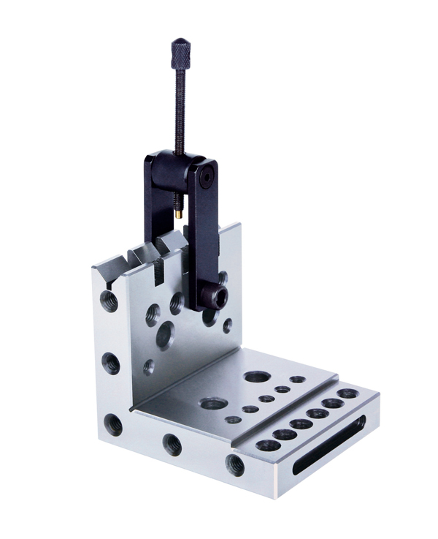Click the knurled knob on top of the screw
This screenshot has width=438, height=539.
click(x=180, y=52)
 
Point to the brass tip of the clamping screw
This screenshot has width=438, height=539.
click(x=178, y=215)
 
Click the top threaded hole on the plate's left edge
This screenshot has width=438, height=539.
click(x=109, y=300)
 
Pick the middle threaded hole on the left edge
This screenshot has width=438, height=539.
click(x=110, y=361)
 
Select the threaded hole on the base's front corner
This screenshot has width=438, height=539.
click(x=234, y=464)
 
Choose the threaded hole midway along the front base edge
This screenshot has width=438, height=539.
click(x=172, y=443)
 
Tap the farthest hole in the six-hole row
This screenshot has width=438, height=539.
click(x=347, y=393)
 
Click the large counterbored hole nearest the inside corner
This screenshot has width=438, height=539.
click(x=213, y=404)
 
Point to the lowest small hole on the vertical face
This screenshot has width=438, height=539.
click(x=149, y=366)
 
